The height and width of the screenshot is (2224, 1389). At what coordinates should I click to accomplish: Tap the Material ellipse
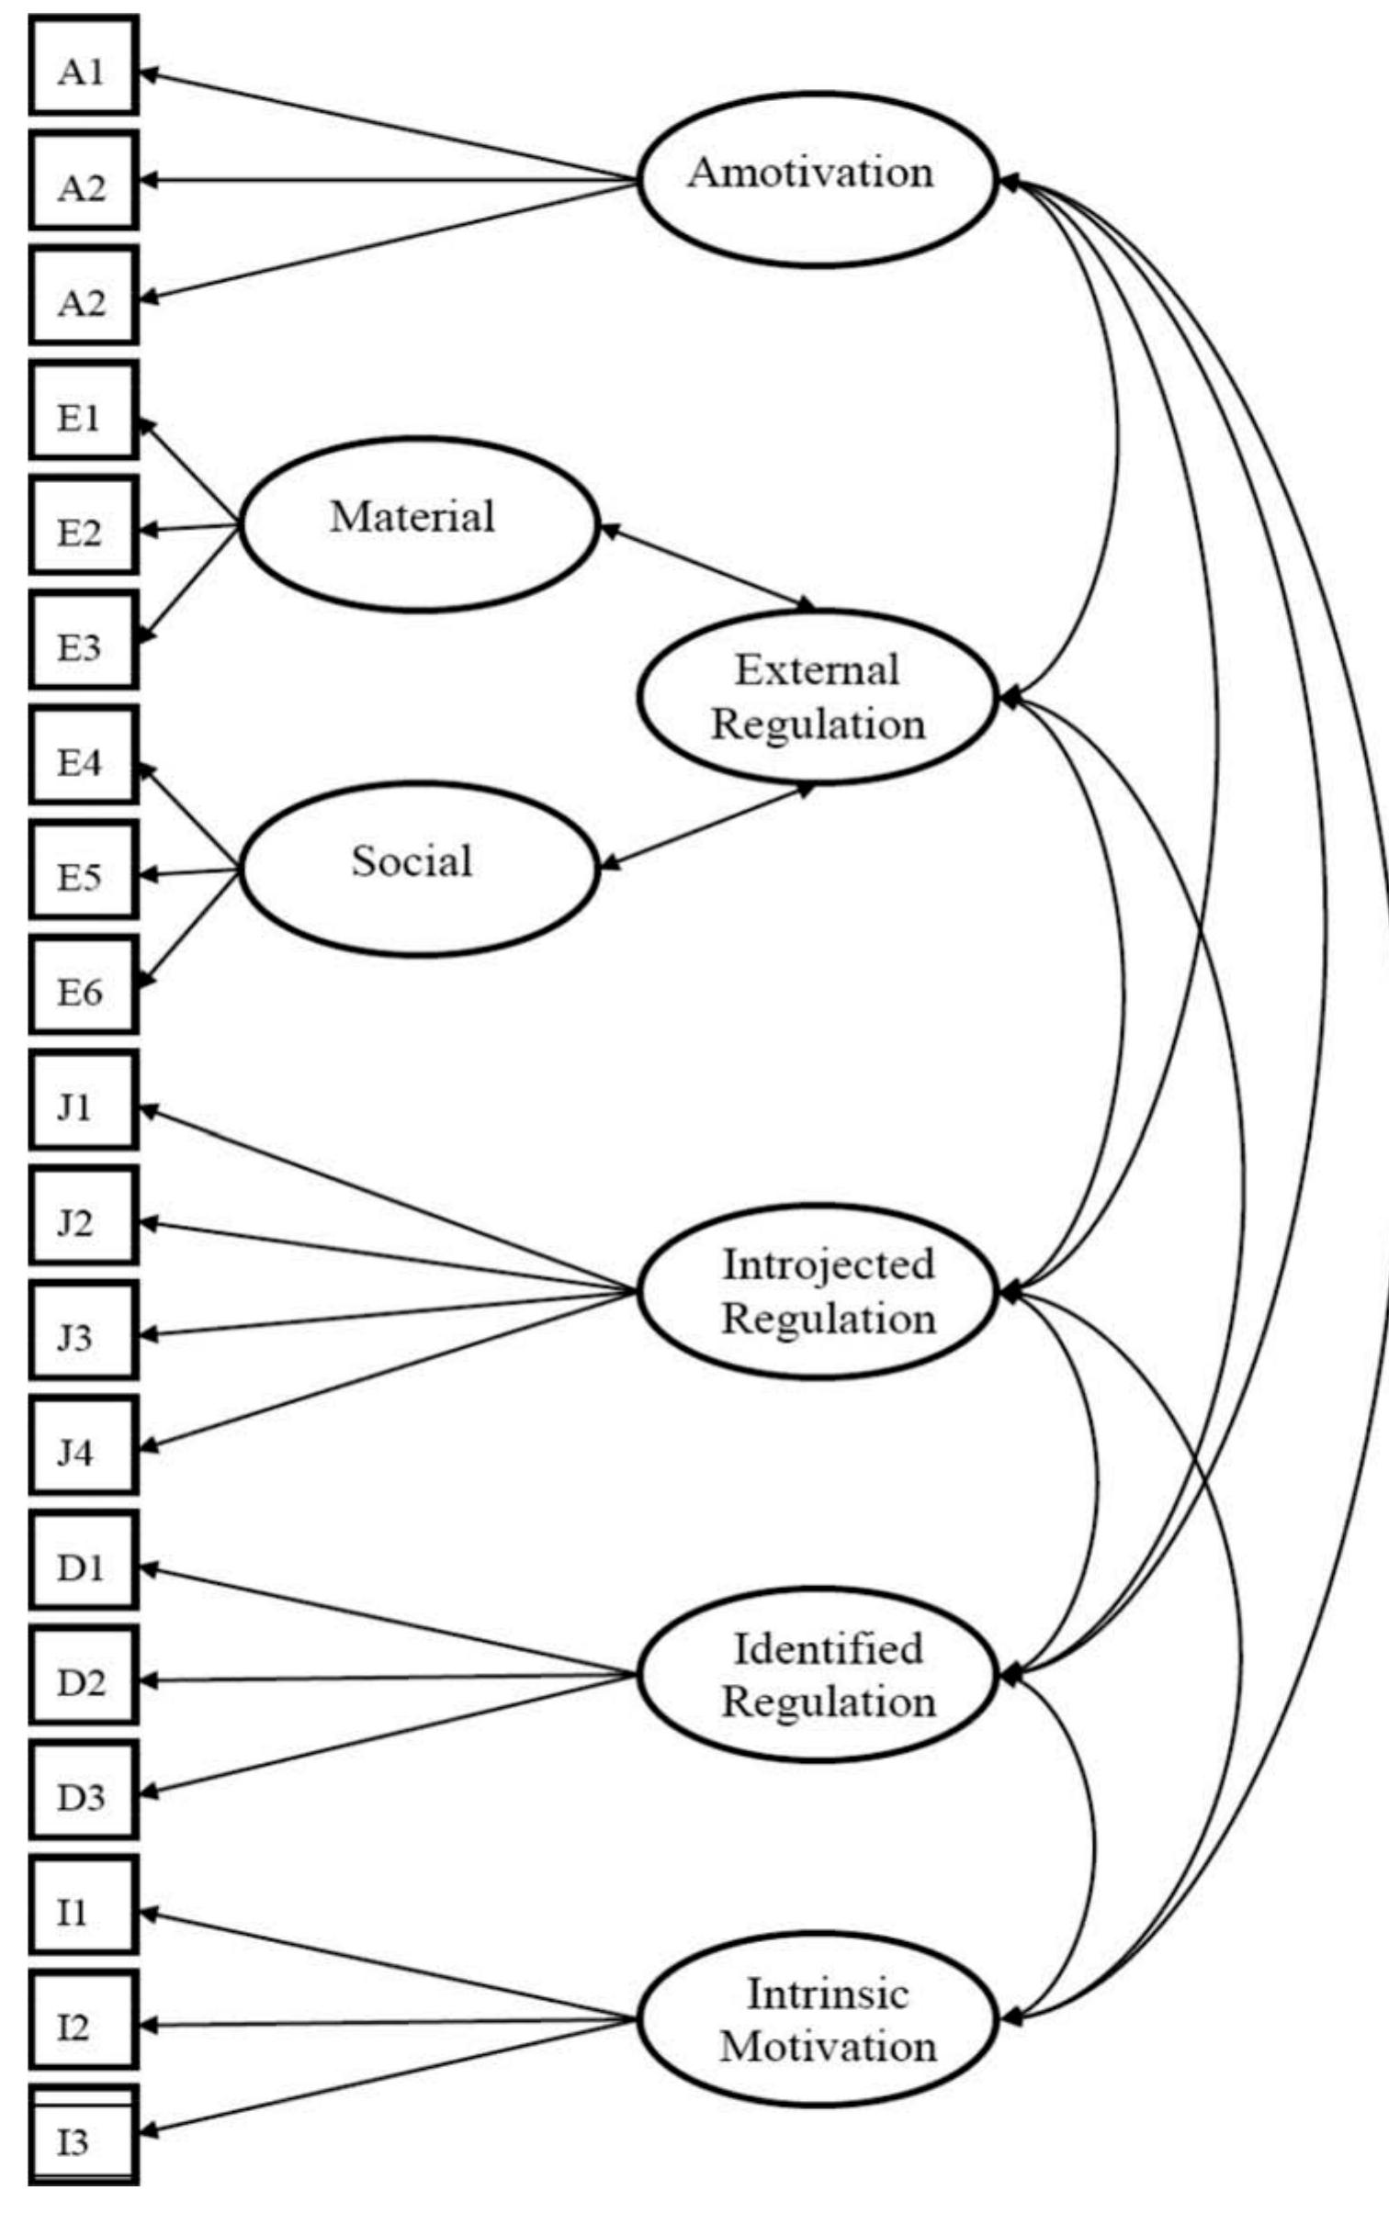pyautogui.click(x=417, y=524)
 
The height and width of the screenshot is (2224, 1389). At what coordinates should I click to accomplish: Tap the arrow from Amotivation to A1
pyautogui.click(x=386, y=124)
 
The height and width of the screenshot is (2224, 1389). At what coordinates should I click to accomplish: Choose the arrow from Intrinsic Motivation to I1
pyautogui.click(x=386, y=1965)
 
